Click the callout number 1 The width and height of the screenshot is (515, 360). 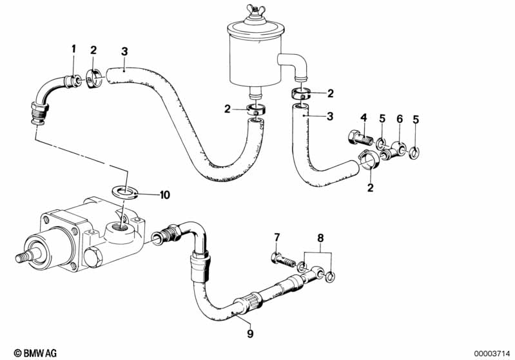[x=73, y=49]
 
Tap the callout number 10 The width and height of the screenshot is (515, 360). [x=164, y=195]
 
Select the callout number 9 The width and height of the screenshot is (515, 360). [x=250, y=334]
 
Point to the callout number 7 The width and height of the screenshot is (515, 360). [x=277, y=237]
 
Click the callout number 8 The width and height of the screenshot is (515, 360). [x=320, y=238]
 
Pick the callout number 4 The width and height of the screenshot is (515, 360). [x=364, y=117]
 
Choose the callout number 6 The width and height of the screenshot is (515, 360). [x=400, y=118]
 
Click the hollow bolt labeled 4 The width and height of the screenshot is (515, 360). [x=359, y=138]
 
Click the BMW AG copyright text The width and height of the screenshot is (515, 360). [x=35, y=353]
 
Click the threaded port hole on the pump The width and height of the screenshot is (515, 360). [x=121, y=226]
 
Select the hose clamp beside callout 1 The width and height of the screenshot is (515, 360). [x=93, y=79]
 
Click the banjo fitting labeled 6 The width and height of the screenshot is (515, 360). [x=393, y=149]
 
